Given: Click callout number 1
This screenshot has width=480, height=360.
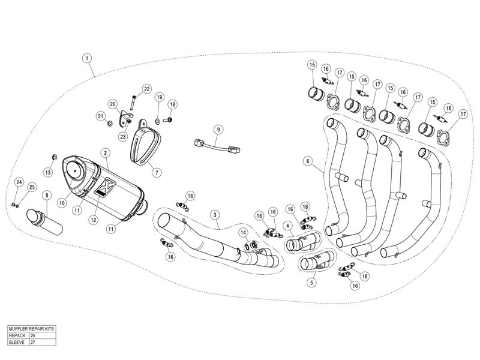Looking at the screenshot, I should point(88,58).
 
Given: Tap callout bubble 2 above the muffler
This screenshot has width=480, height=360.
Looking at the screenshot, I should point(104,154).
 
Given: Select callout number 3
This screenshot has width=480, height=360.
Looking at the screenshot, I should point(214,214).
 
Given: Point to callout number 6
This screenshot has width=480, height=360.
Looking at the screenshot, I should point(307,161).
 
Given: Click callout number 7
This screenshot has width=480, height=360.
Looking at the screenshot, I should point(157,172).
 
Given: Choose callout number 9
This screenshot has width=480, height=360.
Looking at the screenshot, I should point(218,129).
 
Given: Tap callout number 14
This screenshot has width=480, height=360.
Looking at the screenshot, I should point(243,232).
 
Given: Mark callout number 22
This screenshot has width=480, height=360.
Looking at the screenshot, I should point(147,89).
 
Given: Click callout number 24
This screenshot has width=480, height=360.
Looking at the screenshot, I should point(19,182).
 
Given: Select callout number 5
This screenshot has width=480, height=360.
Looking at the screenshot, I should point(311,281).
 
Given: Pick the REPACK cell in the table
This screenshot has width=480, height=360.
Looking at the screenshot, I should point(22,337).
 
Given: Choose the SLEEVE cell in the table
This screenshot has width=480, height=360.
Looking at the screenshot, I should point(22,343).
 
